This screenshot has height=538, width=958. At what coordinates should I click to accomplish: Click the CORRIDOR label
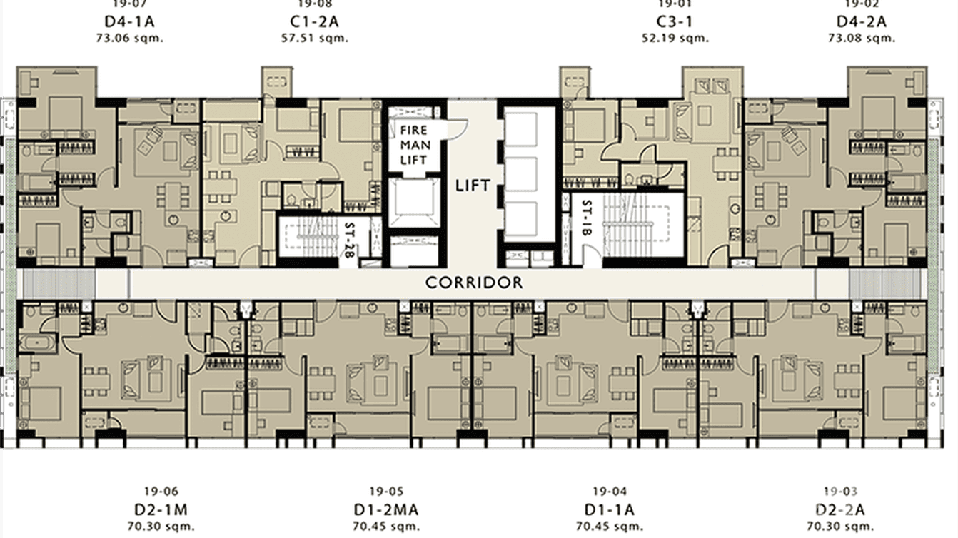tap(474, 283)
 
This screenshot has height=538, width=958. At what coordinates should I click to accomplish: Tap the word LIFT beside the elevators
tap(473, 186)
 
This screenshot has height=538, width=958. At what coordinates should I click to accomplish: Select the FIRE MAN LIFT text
tap(413, 145)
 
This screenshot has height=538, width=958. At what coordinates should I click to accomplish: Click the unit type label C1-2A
tap(315, 21)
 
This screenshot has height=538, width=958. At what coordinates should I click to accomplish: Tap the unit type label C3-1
tap(675, 21)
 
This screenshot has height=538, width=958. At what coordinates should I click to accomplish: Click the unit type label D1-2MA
tap(386, 510)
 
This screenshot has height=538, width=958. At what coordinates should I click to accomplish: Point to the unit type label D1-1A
tap(609, 510)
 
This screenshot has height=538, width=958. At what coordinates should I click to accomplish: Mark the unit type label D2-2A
tap(840, 510)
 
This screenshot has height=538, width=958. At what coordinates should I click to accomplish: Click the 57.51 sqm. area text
tap(315, 37)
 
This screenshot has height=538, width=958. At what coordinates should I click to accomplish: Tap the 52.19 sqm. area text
tap(675, 37)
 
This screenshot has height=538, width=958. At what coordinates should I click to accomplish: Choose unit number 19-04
tap(609, 491)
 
